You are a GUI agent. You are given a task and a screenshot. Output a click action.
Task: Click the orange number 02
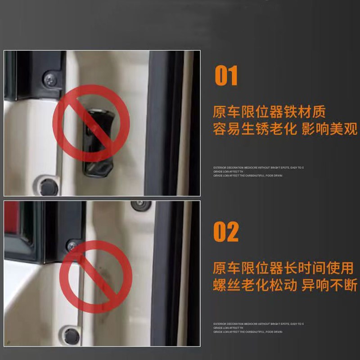point(226,232)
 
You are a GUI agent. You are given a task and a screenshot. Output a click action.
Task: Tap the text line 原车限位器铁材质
point(269,111)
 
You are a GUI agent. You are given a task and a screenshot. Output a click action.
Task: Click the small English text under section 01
point(258,171)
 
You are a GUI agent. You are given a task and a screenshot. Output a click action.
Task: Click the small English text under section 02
point(258,328)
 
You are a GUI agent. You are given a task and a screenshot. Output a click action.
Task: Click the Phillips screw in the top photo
point(50,80)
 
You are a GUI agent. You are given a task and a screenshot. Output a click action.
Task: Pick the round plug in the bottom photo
point(71,335)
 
